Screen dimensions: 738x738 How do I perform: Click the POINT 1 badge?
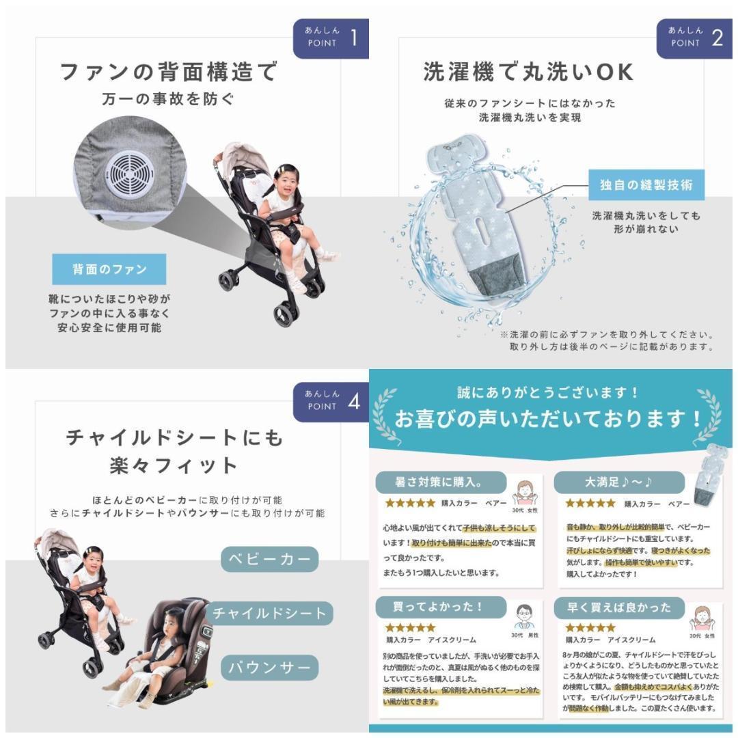(x=331, y=38)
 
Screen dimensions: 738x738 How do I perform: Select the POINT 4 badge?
(x=331, y=402)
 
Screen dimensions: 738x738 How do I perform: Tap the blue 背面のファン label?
(x=109, y=269)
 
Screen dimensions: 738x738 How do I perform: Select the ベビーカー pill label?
(x=270, y=560)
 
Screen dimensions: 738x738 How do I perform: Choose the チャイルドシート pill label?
(x=270, y=613)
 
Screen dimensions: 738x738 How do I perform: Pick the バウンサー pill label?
(x=270, y=667)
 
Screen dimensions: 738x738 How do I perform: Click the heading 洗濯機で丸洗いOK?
(x=528, y=72)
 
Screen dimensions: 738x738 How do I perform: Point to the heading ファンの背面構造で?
(x=169, y=72)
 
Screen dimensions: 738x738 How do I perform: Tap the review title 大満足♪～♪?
(x=618, y=482)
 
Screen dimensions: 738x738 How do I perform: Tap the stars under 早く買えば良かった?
(x=590, y=627)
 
